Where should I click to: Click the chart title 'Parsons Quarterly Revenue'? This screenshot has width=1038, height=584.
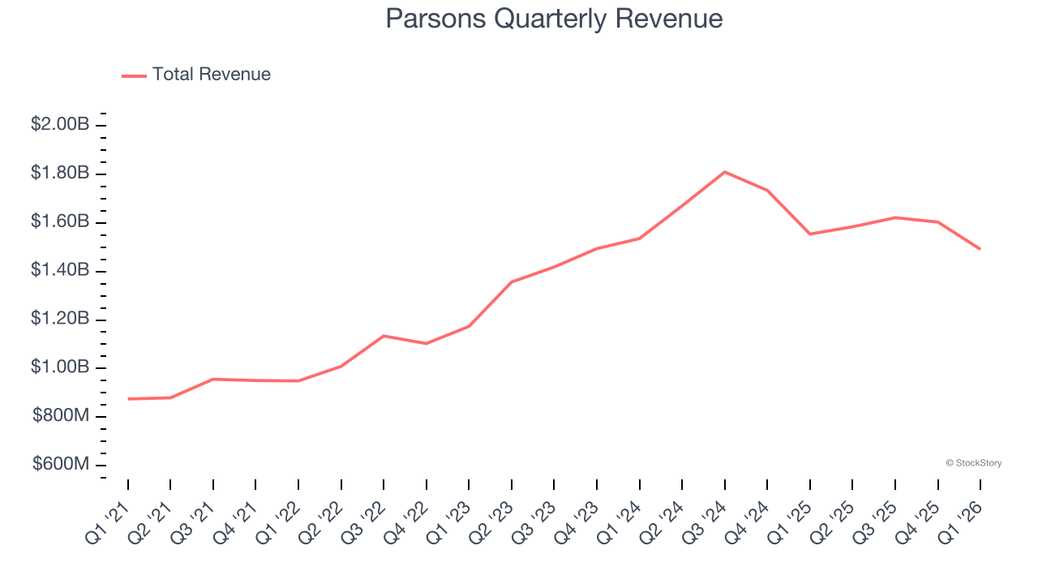click(x=554, y=19)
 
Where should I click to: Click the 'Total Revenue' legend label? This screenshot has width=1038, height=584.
click(x=211, y=75)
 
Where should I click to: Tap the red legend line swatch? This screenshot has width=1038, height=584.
click(x=134, y=75)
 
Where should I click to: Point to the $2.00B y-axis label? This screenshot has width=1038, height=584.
click(x=60, y=124)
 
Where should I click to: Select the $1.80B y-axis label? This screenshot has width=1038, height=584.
click(x=60, y=173)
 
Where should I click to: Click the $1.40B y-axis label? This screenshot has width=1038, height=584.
click(x=60, y=270)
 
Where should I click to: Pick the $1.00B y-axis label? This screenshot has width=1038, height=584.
click(x=60, y=367)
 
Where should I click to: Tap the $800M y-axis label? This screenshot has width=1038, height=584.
click(x=61, y=416)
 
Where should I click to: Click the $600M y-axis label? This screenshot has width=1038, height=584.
click(x=61, y=464)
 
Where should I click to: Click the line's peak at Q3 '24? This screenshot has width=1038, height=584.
click(x=724, y=172)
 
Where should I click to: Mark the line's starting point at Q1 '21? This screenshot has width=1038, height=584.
click(x=128, y=399)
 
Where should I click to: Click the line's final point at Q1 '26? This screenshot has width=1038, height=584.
click(x=980, y=249)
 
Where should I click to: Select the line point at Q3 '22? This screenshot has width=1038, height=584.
click(x=384, y=336)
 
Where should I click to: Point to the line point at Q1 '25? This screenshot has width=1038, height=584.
click(x=809, y=234)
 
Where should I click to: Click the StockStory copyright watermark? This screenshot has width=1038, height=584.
click(x=973, y=463)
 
